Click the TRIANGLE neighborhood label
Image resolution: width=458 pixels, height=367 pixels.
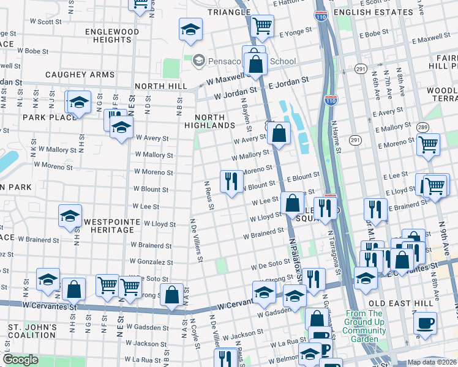tap(229, 12)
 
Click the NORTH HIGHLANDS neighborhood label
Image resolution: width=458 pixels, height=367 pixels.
tap(215, 121)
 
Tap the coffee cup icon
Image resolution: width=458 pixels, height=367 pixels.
tap(425, 322)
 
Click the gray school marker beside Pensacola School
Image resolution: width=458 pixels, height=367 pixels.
tap(198, 61)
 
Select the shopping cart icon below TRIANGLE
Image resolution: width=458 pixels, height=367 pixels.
tap(262, 26)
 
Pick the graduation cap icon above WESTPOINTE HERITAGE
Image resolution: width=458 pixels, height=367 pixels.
tap(70, 216)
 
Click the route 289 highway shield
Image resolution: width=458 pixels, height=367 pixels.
tap(422, 127)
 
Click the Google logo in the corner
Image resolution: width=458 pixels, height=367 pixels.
tap(20, 360)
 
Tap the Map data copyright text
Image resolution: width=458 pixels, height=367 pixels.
tap(432, 362)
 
